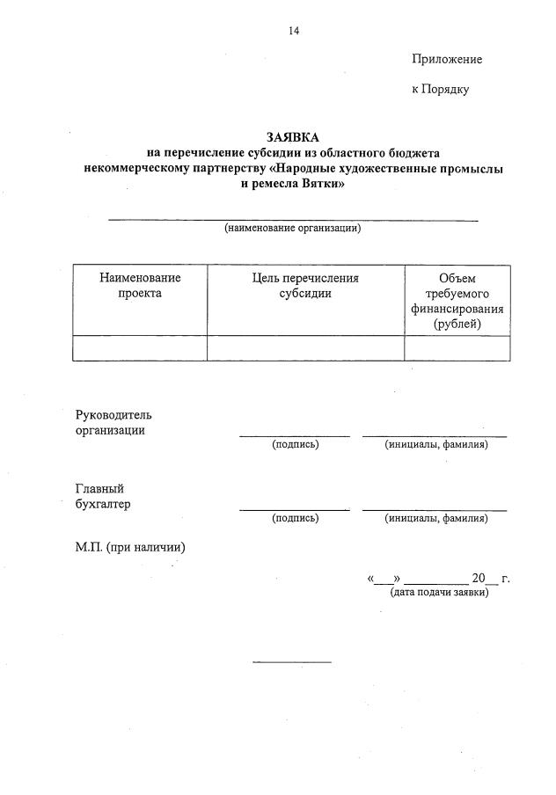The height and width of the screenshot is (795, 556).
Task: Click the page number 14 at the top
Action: [x=294, y=31]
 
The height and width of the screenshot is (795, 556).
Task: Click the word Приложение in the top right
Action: [x=446, y=59]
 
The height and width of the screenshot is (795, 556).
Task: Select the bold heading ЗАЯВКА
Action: [x=293, y=137]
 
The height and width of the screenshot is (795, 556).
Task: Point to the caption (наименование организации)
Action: [x=293, y=229]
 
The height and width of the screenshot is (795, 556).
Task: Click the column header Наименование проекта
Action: [x=140, y=286]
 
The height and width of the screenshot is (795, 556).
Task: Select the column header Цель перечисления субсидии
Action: [x=305, y=286]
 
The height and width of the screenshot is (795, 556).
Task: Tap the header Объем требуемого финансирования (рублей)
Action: [x=457, y=301]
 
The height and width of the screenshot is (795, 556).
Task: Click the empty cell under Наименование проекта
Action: [x=140, y=348]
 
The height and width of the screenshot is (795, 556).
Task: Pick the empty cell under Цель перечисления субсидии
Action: [x=305, y=348]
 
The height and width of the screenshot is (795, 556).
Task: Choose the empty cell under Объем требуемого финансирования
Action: [x=457, y=348]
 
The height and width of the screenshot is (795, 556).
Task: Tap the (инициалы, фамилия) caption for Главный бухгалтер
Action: [x=435, y=519]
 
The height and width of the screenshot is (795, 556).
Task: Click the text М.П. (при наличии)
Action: [x=130, y=547]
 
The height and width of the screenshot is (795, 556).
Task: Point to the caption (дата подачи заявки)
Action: [x=438, y=593]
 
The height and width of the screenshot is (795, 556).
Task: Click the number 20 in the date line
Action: [x=479, y=579]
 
